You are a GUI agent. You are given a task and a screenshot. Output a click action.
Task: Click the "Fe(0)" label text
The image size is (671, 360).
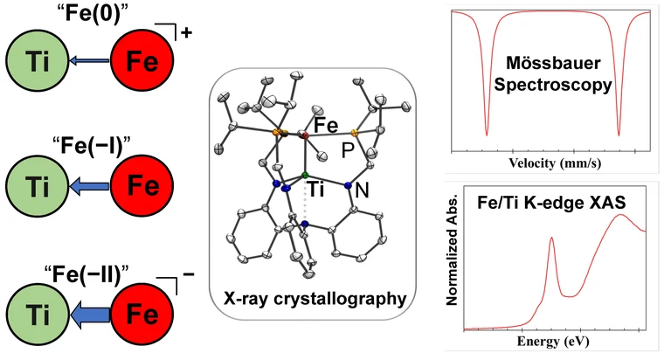tap(88, 15)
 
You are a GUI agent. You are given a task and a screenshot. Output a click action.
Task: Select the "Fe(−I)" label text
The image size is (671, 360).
tap(88, 140)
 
